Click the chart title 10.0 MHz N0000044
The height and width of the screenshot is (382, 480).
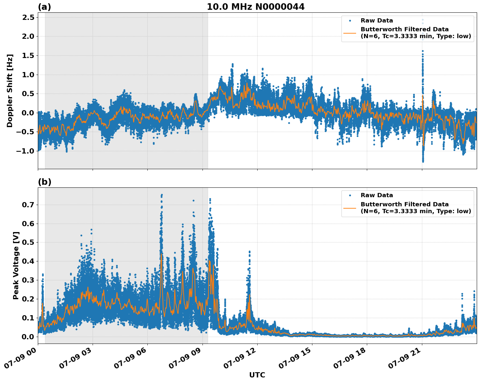256,7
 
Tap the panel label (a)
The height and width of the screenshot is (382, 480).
44,7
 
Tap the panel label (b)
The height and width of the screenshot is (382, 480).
44,182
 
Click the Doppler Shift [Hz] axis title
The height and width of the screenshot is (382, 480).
10,91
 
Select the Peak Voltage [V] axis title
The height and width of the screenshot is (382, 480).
16,265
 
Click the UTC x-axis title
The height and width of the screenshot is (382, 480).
257,375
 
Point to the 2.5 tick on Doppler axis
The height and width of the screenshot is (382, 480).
28,17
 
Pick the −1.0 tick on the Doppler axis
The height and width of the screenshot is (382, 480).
26,151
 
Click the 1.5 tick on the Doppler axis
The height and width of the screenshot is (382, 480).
28,55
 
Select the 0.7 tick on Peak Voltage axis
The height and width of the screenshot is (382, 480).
28,205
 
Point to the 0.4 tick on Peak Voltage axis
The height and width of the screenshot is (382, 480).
28,261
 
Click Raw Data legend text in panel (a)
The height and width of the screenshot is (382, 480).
377,21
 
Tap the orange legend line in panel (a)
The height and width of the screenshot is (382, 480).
350,33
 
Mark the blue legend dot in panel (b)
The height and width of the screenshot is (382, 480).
350,195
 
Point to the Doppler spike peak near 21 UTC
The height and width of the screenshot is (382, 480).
423,20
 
